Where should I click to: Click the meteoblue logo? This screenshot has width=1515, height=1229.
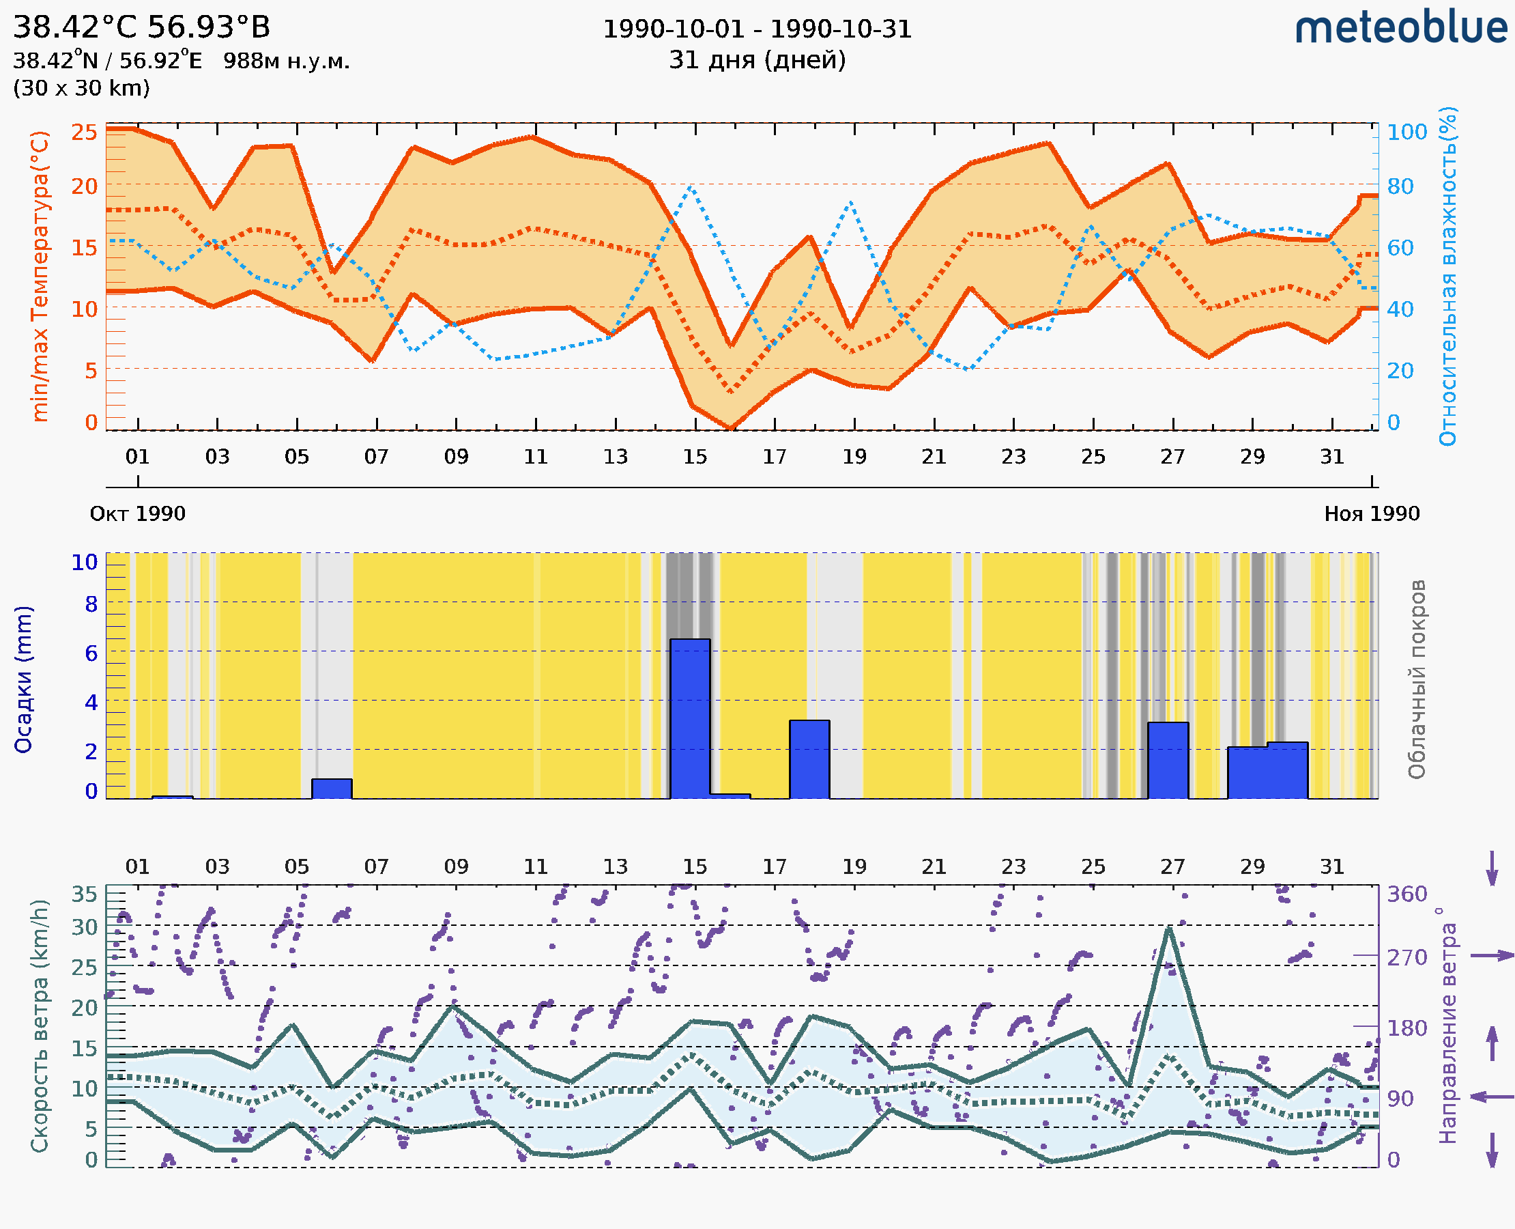click(x=1401, y=28)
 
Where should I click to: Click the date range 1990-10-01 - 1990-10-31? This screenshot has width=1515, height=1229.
click(x=757, y=29)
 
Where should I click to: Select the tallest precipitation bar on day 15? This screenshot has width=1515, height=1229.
click(x=690, y=718)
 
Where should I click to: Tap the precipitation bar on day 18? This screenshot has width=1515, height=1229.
click(x=809, y=759)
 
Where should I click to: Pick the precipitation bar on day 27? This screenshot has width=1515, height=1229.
click(x=1168, y=761)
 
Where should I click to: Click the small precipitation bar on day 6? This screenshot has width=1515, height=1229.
click(x=332, y=789)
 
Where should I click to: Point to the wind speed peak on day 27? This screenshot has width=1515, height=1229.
click(x=1169, y=928)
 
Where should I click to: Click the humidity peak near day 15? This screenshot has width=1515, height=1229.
click(x=690, y=187)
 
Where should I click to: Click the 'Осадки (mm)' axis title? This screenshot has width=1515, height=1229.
click(x=23, y=679)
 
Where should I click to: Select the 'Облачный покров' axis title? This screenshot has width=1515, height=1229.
click(x=1417, y=679)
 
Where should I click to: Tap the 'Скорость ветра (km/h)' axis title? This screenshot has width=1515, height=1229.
click(x=40, y=1026)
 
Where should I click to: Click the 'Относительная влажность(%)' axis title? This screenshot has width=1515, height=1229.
click(x=1447, y=276)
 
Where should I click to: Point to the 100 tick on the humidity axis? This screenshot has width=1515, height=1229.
click(x=1406, y=132)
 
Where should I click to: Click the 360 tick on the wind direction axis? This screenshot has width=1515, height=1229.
click(x=1406, y=894)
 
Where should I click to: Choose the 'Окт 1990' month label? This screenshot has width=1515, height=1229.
click(x=137, y=513)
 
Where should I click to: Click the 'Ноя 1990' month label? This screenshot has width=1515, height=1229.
click(x=1372, y=513)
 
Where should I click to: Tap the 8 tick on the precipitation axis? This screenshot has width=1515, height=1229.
click(x=91, y=604)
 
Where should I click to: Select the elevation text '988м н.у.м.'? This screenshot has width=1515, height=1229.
click(x=287, y=61)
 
